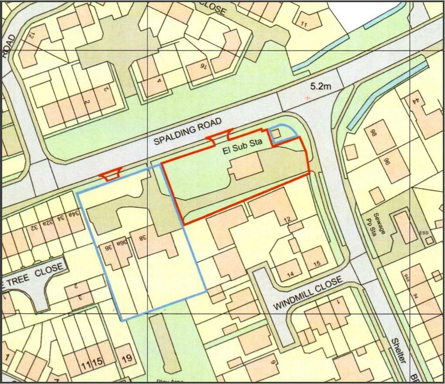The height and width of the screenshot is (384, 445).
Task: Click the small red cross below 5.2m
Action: tap(308, 98)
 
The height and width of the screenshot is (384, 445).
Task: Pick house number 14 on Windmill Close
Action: tap(290, 274)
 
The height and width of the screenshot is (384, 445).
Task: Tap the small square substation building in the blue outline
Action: tap(276, 134)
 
